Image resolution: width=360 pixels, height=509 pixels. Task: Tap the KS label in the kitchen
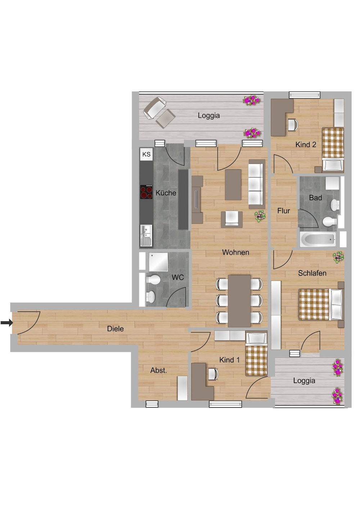[146, 154]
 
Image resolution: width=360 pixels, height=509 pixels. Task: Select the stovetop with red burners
[146, 192]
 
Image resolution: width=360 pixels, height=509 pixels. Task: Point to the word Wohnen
[235, 253]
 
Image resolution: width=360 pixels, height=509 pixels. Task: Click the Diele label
[115, 329]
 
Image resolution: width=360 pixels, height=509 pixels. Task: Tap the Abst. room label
[158, 371]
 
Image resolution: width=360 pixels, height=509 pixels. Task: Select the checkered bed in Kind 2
[333, 143]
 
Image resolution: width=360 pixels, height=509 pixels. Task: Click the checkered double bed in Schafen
[314, 304]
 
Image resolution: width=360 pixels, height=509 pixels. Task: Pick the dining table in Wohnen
[239, 301]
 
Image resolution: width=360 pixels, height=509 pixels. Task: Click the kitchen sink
[146, 235]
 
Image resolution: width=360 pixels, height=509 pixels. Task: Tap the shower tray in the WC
[158, 262]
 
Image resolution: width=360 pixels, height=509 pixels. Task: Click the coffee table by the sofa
[233, 185]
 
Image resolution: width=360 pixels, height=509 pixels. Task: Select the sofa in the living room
[256, 183]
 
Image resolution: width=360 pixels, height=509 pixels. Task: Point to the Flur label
[283, 211]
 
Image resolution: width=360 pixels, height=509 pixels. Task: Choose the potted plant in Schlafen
[338, 257]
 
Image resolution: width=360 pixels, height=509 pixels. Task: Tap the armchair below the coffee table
[231, 218]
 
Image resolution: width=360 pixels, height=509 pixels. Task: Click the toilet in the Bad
[329, 221]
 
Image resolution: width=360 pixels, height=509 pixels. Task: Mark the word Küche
[166, 193]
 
